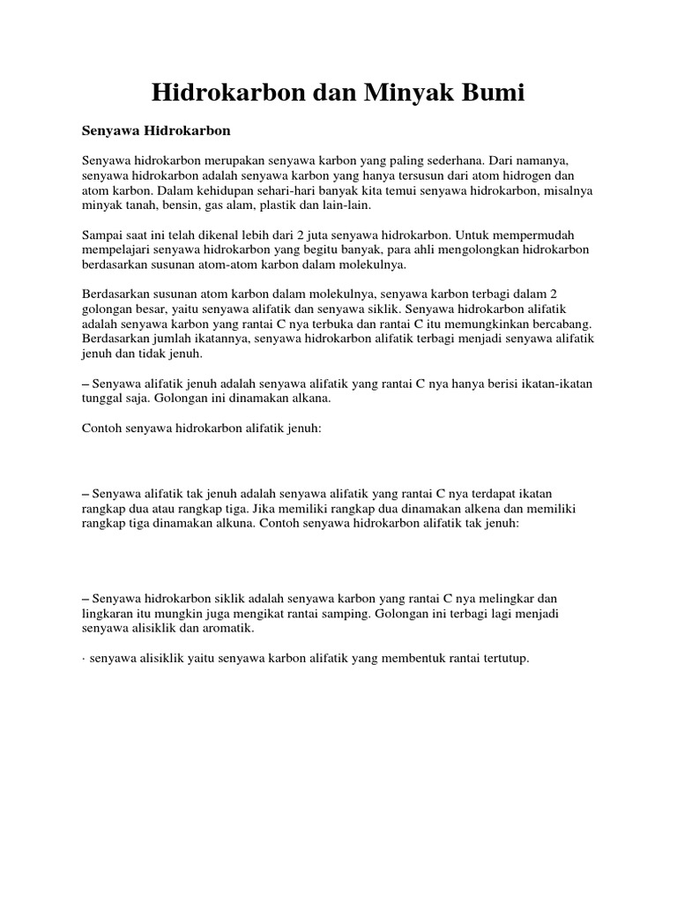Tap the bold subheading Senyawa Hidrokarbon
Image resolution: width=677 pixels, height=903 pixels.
(x=155, y=131)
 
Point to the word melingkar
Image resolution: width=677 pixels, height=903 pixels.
(x=520, y=598)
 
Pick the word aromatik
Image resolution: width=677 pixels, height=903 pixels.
(x=227, y=629)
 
